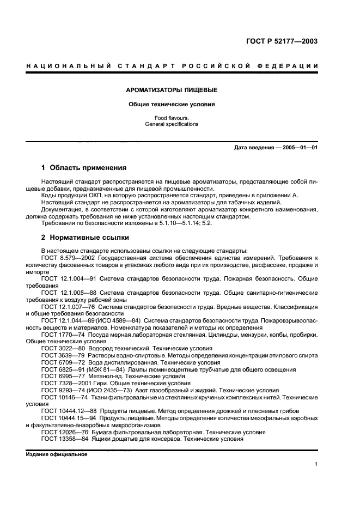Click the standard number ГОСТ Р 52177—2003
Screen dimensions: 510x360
click(x=283, y=41)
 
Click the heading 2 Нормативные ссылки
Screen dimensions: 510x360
click(x=86, y=238)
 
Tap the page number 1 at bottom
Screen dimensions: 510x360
click(x=316, y=464)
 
